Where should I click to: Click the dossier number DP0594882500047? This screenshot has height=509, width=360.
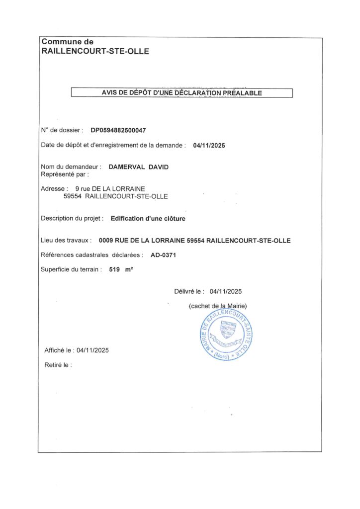pos(118,130)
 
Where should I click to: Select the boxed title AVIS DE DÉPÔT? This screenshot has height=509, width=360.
pos(181,93)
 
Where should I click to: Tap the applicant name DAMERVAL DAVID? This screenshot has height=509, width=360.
pos(139,167)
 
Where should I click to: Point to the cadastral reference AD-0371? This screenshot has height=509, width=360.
pos(164,255)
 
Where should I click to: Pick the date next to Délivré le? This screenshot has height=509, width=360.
pos(226,292)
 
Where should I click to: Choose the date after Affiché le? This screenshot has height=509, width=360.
pos(92,350)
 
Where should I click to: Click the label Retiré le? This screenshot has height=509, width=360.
pos(58,365)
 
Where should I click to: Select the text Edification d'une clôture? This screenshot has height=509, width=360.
pos(148,218)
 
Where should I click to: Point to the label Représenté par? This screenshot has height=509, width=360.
pos(64,174)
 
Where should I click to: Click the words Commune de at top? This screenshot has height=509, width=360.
pos(67,42)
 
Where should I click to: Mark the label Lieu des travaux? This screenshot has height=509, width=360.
pos(67,241)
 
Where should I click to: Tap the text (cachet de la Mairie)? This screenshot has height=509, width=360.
pos(218,306)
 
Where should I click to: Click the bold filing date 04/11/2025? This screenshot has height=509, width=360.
pos(209,146)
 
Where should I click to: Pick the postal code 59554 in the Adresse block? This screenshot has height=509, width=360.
pos(73,196)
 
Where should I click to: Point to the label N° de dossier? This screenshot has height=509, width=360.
pos(62,130)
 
